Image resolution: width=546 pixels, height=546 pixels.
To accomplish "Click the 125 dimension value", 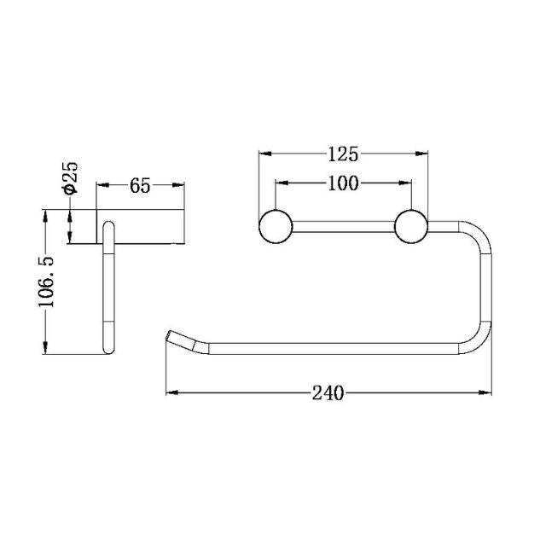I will point(342,154).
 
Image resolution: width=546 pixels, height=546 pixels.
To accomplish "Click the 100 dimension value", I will point(343,183).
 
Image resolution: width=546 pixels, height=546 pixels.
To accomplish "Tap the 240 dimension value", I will point(328,392).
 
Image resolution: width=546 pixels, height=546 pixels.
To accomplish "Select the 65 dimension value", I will point(141,184).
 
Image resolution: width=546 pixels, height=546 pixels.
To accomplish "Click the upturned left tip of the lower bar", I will point(171,335).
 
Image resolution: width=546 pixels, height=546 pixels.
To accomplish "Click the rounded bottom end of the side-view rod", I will point(108,351).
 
